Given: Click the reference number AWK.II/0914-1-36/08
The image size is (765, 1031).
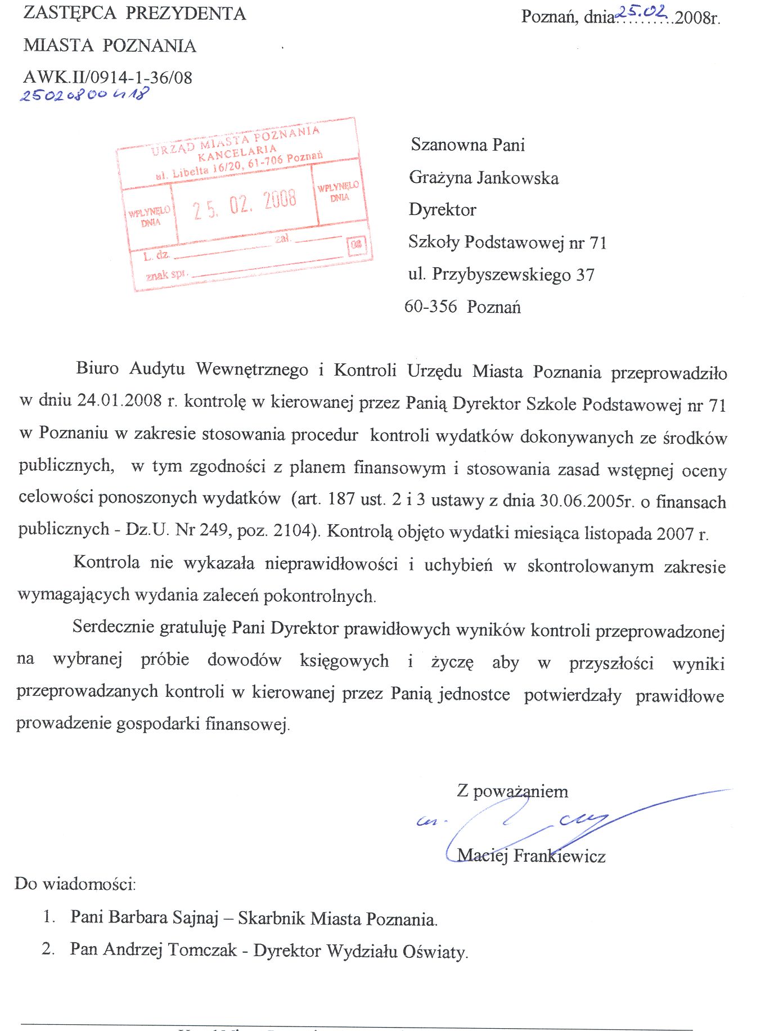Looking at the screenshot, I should coord(107,77).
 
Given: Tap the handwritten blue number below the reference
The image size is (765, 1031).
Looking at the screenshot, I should coord(84,94).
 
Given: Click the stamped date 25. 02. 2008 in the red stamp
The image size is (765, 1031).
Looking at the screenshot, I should coord(245,203).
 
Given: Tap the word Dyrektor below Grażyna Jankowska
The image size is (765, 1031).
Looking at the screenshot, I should coord(442,210).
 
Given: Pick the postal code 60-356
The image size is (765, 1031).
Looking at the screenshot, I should coord(430,307).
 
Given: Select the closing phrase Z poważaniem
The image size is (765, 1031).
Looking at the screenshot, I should coord(512,791).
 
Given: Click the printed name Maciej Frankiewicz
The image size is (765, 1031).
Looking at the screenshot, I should coord(531,856).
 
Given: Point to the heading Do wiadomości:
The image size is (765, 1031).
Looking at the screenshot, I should coord(75,884).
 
